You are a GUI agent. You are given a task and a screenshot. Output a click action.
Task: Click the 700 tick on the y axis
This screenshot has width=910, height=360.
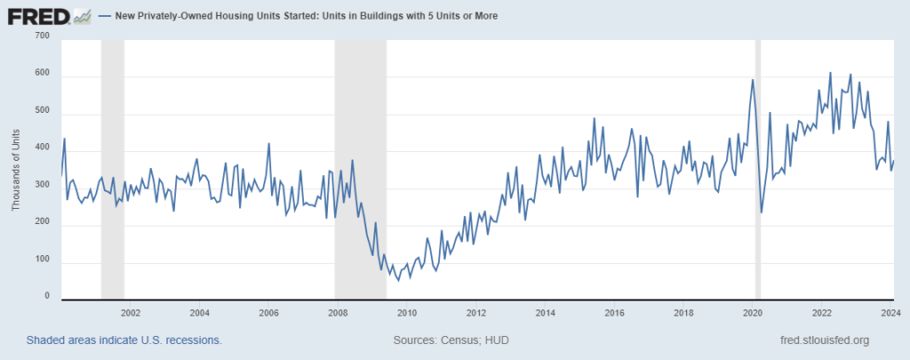42,36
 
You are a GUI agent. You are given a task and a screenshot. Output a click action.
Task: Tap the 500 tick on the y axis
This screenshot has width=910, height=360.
42,112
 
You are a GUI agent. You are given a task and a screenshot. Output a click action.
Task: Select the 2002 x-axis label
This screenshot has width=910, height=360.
130,313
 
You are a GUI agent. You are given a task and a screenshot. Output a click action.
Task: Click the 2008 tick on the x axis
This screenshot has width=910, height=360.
338,313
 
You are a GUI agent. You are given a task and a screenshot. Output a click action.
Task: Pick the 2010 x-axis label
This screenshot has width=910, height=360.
407,313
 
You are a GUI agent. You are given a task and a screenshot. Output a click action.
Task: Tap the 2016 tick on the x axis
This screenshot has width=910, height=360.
614,313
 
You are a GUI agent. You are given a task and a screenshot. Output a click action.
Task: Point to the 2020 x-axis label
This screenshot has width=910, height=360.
753,313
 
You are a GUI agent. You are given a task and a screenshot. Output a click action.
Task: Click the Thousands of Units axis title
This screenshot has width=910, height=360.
15,169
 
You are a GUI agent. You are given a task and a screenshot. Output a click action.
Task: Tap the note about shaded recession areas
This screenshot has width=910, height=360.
124,340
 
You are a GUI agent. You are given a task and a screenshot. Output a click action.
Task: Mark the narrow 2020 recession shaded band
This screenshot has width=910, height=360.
757,169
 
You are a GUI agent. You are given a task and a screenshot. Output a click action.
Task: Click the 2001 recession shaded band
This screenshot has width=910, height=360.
113,169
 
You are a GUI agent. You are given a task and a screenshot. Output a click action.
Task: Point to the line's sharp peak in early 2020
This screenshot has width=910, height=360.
753,80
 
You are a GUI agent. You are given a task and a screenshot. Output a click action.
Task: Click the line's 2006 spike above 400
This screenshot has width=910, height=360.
268,144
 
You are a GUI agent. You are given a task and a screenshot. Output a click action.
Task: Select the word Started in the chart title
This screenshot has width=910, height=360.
291,16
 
